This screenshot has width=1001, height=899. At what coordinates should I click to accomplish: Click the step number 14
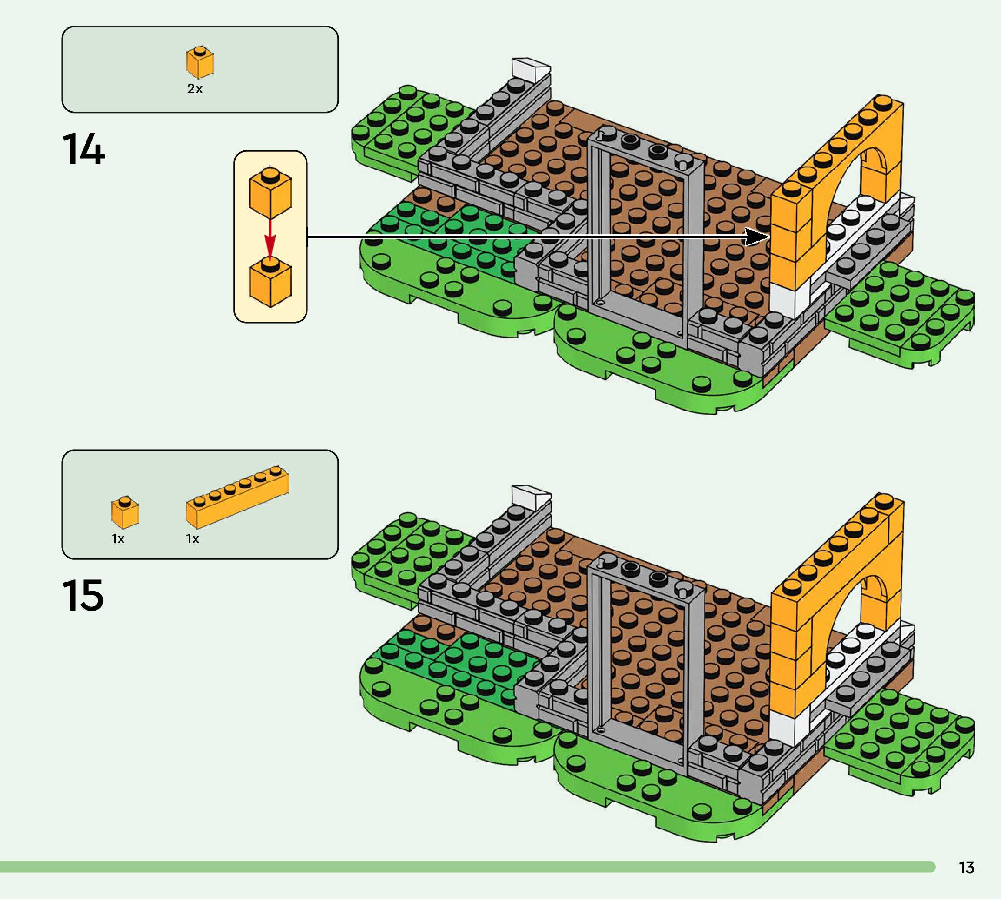tap(83, 149)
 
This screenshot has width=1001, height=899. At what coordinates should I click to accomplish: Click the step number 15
tap(83, 595)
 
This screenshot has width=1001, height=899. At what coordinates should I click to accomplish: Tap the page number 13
tap(967, 867)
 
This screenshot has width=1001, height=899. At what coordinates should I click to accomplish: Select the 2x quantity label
tap(194, 89)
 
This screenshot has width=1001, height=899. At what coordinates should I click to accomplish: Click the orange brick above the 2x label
tap(200, 63)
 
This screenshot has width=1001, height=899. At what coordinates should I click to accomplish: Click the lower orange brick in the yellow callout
tap(270, 283)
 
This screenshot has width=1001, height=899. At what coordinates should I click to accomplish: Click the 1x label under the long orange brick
tap(193, 539)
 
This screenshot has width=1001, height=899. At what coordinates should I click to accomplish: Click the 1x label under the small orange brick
tap(118, 539)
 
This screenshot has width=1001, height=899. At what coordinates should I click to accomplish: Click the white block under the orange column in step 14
tap(789, 298)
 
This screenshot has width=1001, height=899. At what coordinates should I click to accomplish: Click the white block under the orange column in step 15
tap(789, 726)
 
